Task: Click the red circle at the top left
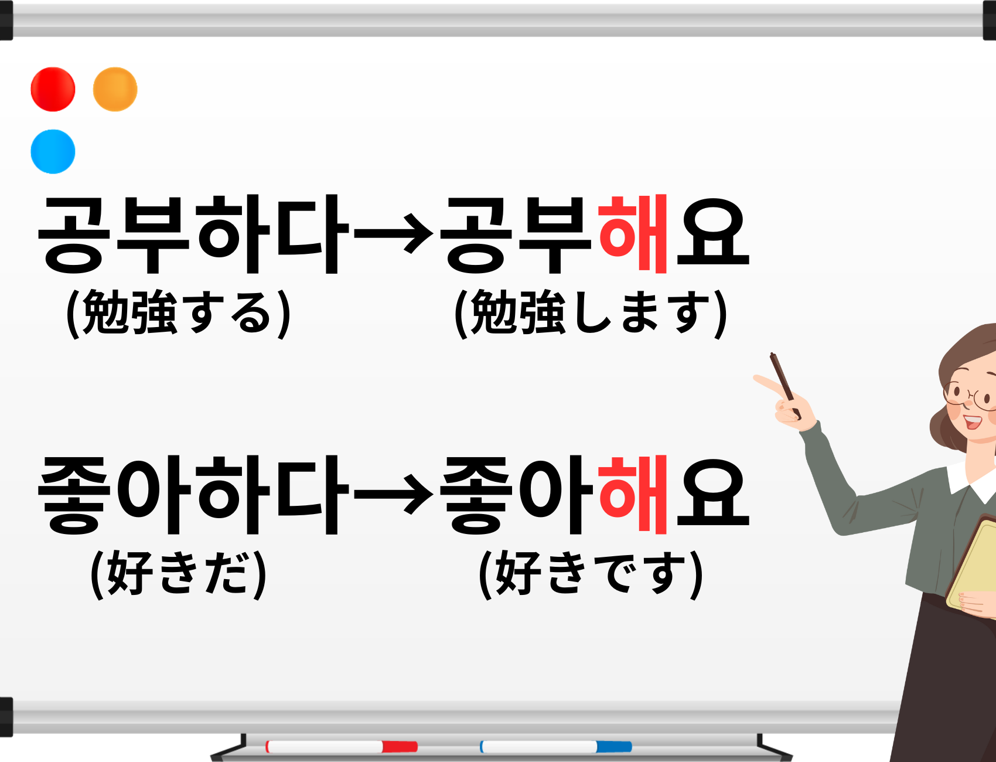click(x=53, y=89)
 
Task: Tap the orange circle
click(x=115, y=89)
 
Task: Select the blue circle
click(x=53, y=151)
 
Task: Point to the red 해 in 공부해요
click(x=633, y=234)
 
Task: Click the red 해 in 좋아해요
click(x=633, y=495)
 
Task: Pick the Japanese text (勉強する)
click(x=179, y=313)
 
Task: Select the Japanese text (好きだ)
click(x=179, y=574)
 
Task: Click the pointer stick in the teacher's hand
click(x=785, y=385)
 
